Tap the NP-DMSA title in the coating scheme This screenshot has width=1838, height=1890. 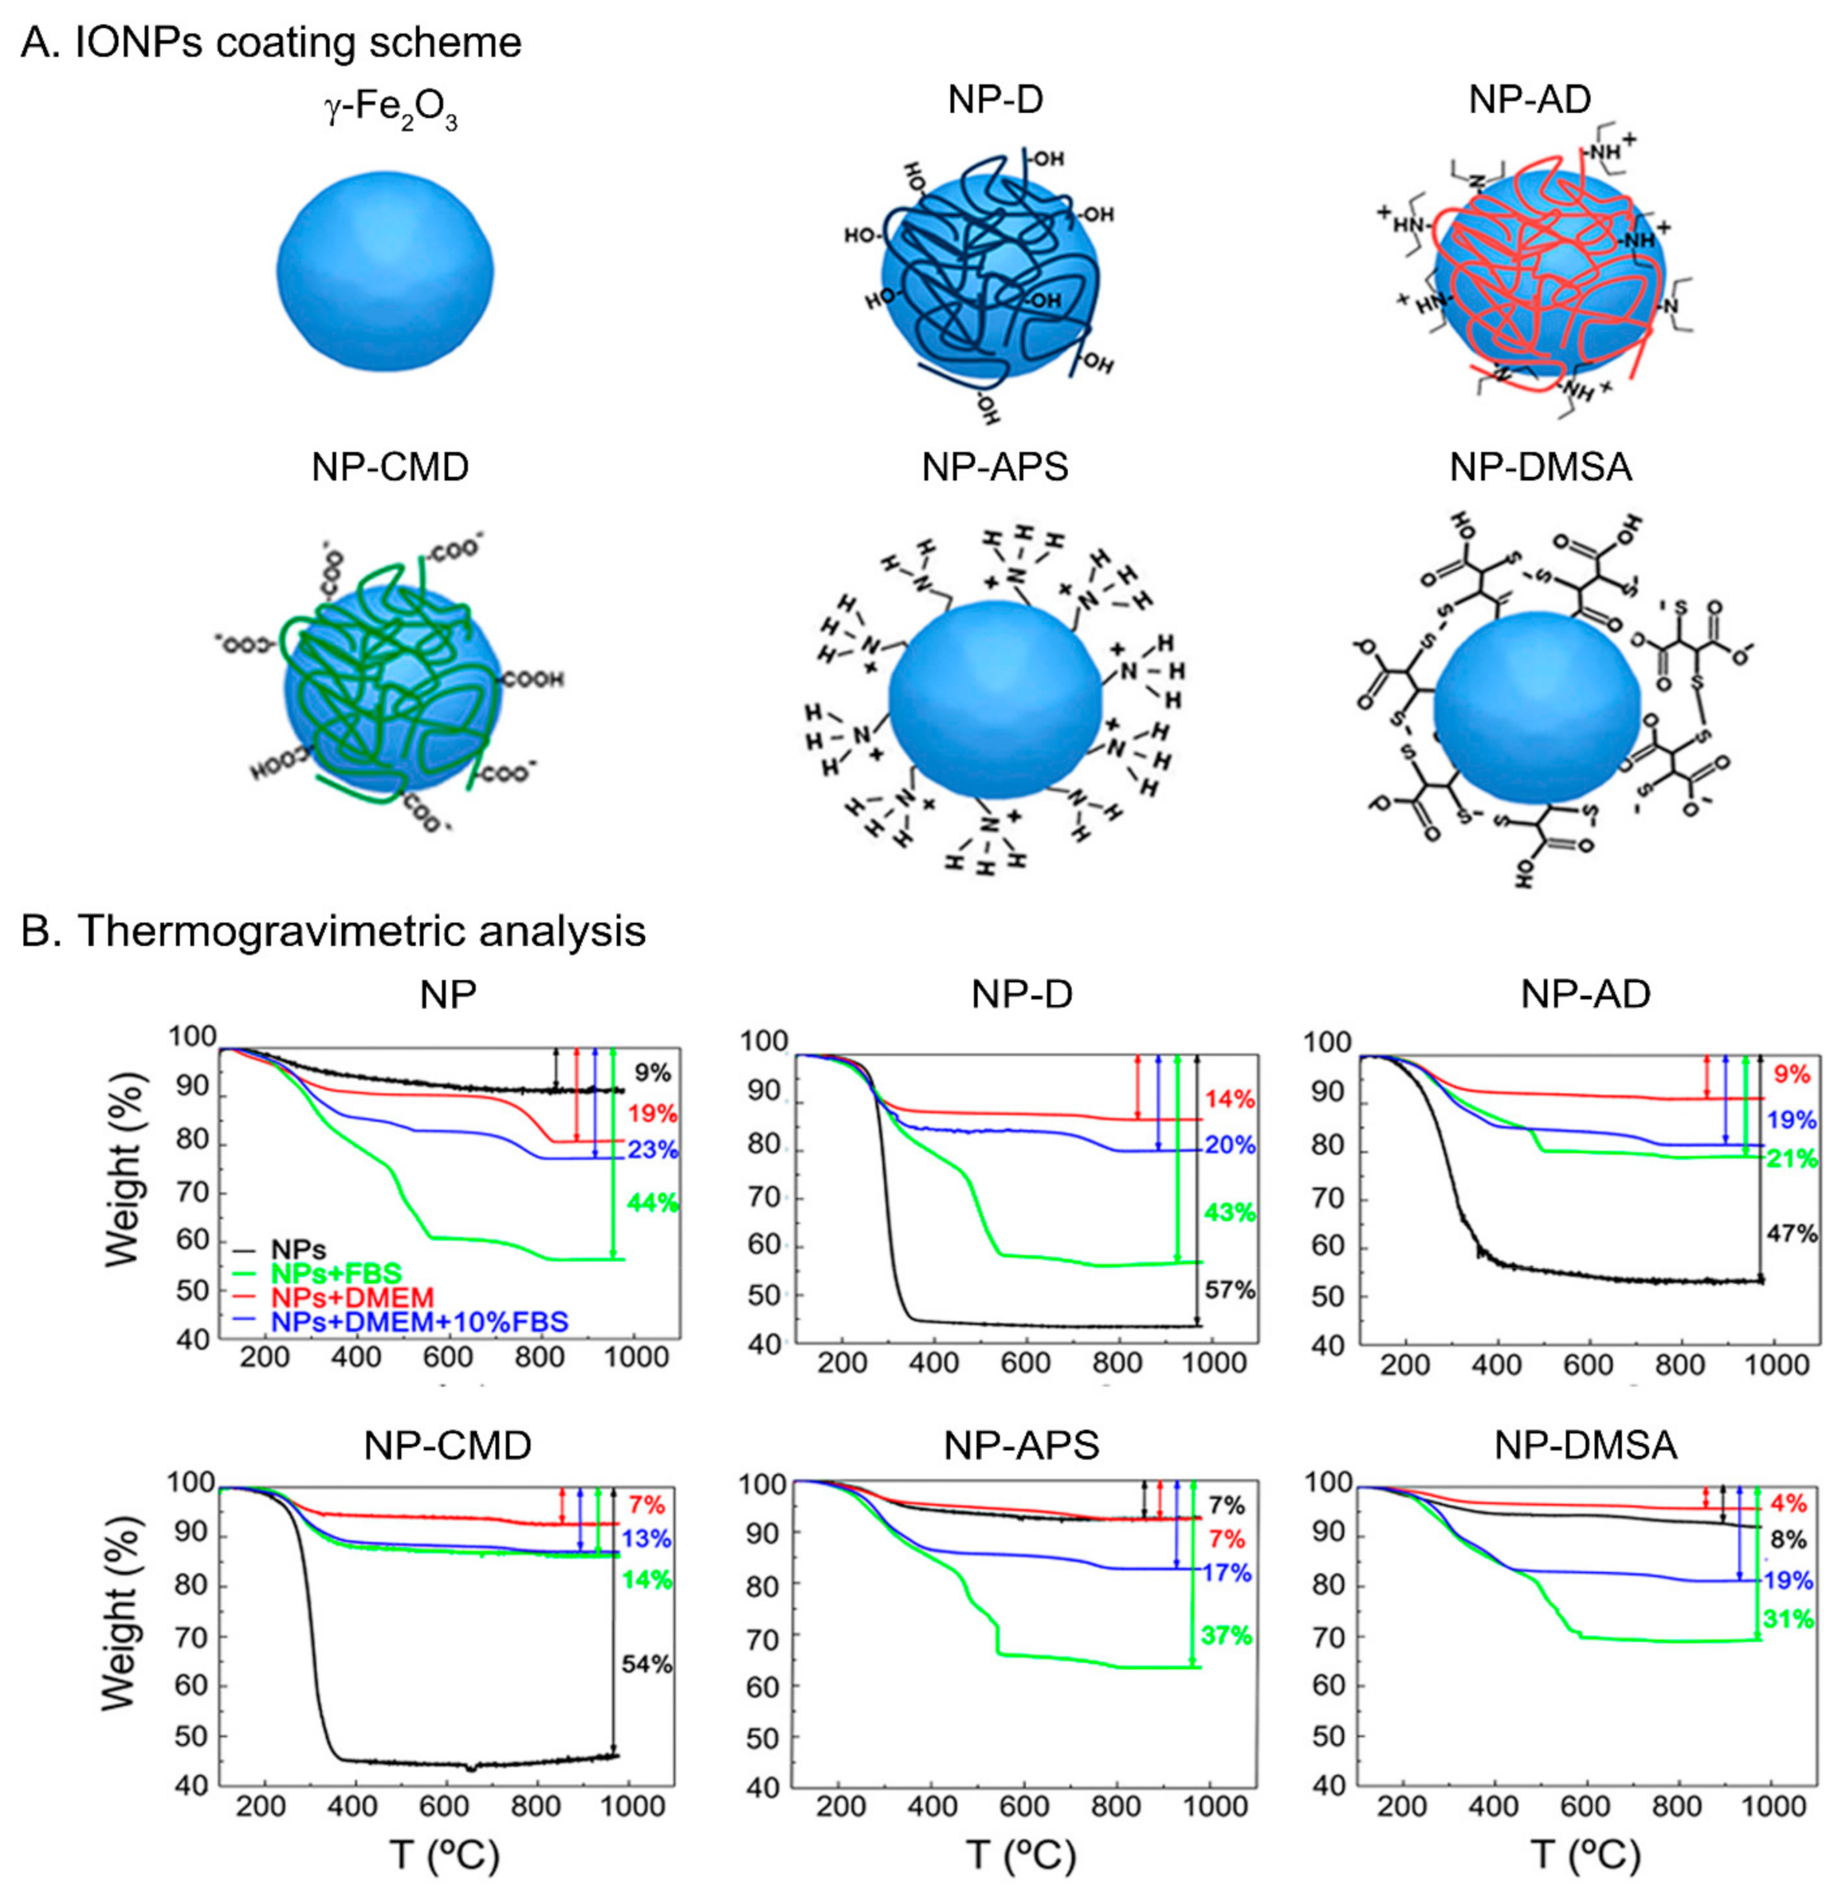click(x=1541, y=467)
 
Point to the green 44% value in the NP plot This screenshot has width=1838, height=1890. click(x=653, y=1203)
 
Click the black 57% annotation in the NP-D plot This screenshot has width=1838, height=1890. click(x=1229, y=1290)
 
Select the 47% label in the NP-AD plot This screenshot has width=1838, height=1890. click(x=1792, y=1234)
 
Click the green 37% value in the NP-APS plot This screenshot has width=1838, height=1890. click(x=1226, y=1635)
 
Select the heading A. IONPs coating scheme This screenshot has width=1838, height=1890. click(x=271, y=43)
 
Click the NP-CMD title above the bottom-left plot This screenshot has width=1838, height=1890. click(x=447, y=1445)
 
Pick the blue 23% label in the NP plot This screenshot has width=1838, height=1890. click(x=653, y=1150)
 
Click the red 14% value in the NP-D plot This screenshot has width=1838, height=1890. click(x=1230, y=1098)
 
